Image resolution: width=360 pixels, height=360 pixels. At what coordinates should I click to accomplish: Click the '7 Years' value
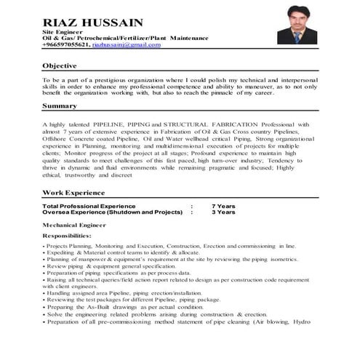[223, 207]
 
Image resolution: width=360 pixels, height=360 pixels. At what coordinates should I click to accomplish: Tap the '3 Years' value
[223, 212]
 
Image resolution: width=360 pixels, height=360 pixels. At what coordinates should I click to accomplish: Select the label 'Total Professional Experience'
[89, 207]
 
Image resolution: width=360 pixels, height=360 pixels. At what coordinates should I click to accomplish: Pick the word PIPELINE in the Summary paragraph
[113, 124]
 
